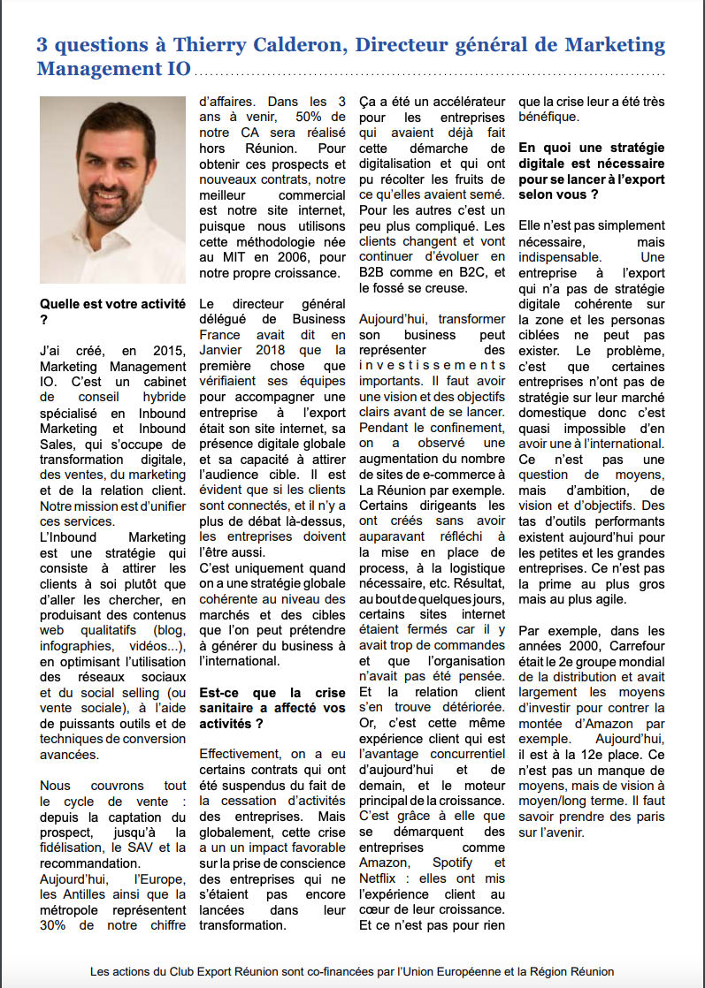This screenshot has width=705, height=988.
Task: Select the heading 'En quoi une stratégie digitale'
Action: (x=591, y=163)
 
